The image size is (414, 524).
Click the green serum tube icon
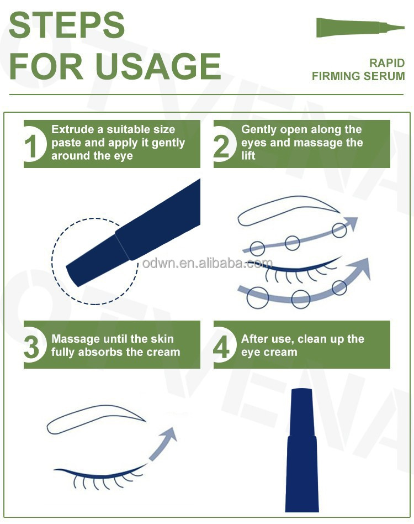click(x=359, y=28)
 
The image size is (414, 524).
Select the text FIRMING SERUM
click(x=358, y=76)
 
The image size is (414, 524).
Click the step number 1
click(x=33, y=145)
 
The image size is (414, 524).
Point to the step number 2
click(x=222, y=145)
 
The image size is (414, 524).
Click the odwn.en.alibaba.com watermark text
click(x=207, y=263)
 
